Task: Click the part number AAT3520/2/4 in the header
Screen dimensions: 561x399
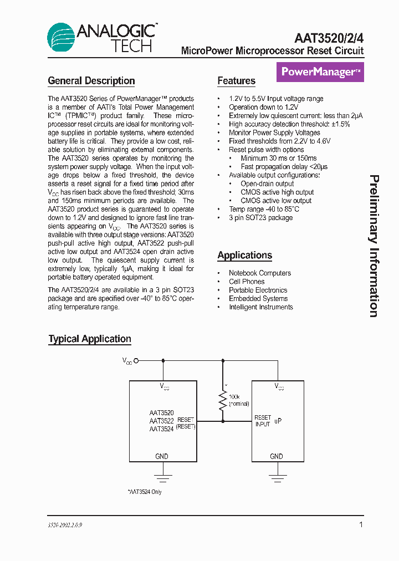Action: (329, 38)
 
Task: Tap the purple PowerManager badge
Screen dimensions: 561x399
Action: (320, 72)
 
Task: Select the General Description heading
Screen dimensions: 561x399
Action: (91, 81)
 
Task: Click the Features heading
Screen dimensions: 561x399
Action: (236, 81)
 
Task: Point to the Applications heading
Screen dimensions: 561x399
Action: (244, 256)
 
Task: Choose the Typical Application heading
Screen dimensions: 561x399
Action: (90, 339)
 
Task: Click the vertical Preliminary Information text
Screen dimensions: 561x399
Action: (374, 246)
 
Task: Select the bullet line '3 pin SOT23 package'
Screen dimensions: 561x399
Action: (260, 218)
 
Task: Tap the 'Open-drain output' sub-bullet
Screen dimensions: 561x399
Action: (267, 183)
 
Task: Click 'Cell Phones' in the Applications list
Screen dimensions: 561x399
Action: (247, 282)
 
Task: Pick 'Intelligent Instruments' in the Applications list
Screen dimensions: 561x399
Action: (260, 307)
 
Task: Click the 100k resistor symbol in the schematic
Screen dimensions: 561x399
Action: (223, 399)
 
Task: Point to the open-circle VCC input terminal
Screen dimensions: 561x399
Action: (136, 360)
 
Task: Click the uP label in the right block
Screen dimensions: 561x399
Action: (278, 421)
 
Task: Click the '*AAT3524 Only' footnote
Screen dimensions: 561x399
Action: (145, 492)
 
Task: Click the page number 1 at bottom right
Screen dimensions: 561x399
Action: (361, 524)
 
